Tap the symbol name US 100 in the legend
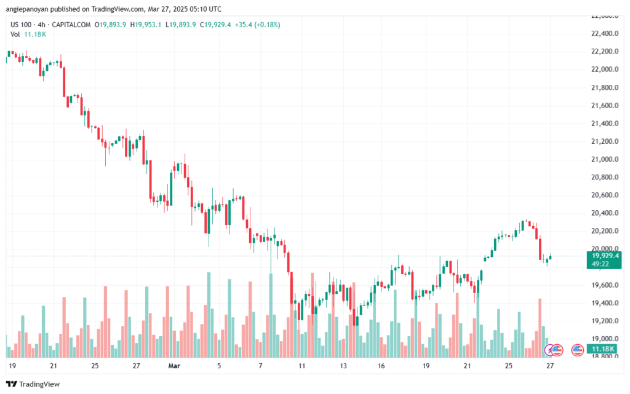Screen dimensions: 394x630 click(x=22, y=24)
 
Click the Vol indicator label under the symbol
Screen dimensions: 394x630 click(x=15, y=34)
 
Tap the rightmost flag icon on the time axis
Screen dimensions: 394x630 click(x=577, y=350)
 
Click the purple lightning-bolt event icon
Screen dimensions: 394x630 click(x=550, y=350)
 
